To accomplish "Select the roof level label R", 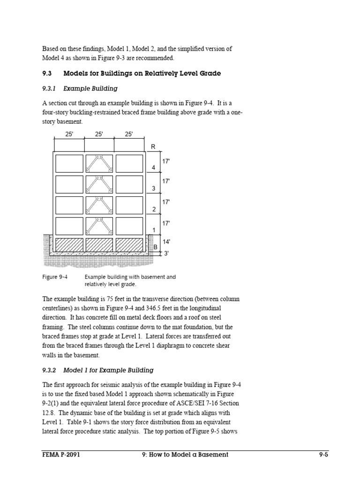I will pos(153,147).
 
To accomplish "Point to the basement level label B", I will pos(155,247).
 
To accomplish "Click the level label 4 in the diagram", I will pos(153,167).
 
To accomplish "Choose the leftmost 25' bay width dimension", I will pos(69,134).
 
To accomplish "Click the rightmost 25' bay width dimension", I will pos(129,134).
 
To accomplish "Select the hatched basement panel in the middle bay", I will pos(99,245).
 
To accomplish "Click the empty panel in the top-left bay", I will pos(69,164).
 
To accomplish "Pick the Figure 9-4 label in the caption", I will pos(55,277).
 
